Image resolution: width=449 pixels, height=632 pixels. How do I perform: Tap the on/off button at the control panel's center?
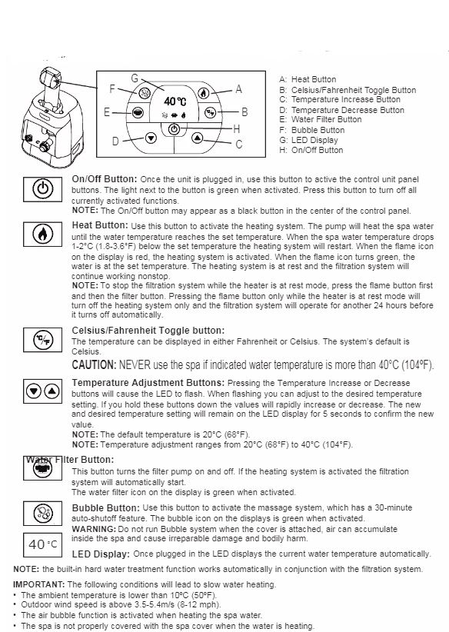[x=175, y=129]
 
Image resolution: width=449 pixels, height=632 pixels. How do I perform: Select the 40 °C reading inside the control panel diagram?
[x=175, y=101]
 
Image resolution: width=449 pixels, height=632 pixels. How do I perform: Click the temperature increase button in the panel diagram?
[x=198, y=138]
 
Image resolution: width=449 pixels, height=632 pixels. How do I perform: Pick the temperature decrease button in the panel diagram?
[x=151, y=138]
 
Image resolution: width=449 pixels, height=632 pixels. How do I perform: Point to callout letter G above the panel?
[x=135, y=78]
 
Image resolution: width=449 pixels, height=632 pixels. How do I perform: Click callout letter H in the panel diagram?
[x=236, y=128]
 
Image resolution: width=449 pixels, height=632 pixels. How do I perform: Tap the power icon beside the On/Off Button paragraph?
[x=43, y=189]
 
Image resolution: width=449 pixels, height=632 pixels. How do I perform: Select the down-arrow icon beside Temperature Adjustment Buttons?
[x=34, y=391]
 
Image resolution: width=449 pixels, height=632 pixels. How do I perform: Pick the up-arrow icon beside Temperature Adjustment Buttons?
[x=52, y=391]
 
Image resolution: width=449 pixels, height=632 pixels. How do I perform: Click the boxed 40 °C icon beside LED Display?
[x=43, y=544]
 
